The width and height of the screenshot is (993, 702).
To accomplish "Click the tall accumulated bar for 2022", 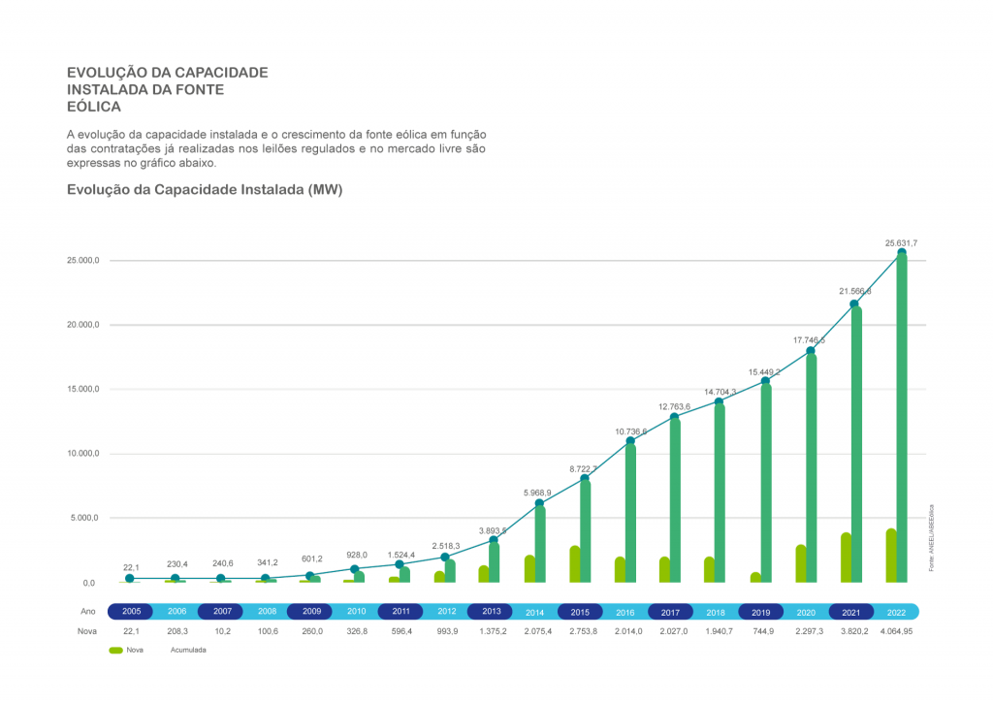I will [x=902, y=417].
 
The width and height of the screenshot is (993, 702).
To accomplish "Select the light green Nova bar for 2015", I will [x=575, y=564].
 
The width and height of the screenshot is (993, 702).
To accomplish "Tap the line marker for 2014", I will [x=539, y=503].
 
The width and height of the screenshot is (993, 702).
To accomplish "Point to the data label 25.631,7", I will [x=901, y=241].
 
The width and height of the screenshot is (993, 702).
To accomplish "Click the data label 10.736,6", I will [x=629, y=431].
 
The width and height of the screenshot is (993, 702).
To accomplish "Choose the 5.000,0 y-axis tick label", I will [x=84, y=518].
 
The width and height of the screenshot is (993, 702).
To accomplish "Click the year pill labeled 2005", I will [x=131, y=612].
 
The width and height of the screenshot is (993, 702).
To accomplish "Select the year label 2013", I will [x=491, y=612].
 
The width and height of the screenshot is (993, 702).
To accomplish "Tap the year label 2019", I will [x=761, y=612].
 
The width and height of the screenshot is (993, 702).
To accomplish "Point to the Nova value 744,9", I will [x=761, y=631].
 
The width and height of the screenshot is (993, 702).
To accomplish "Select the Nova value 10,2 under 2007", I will [x=221, y=631].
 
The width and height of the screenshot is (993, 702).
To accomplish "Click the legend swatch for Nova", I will [x=115, y=651].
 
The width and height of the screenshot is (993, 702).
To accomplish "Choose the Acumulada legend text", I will [x=188, y=651].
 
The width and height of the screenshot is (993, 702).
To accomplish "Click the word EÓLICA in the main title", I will [x=93, y=106].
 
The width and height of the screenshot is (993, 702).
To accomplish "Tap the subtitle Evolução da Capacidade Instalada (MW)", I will [x=204, y=190].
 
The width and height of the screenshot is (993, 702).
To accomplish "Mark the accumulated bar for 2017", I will [x=675, y=500].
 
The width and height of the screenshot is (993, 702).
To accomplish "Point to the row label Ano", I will [x=88, y=612].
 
